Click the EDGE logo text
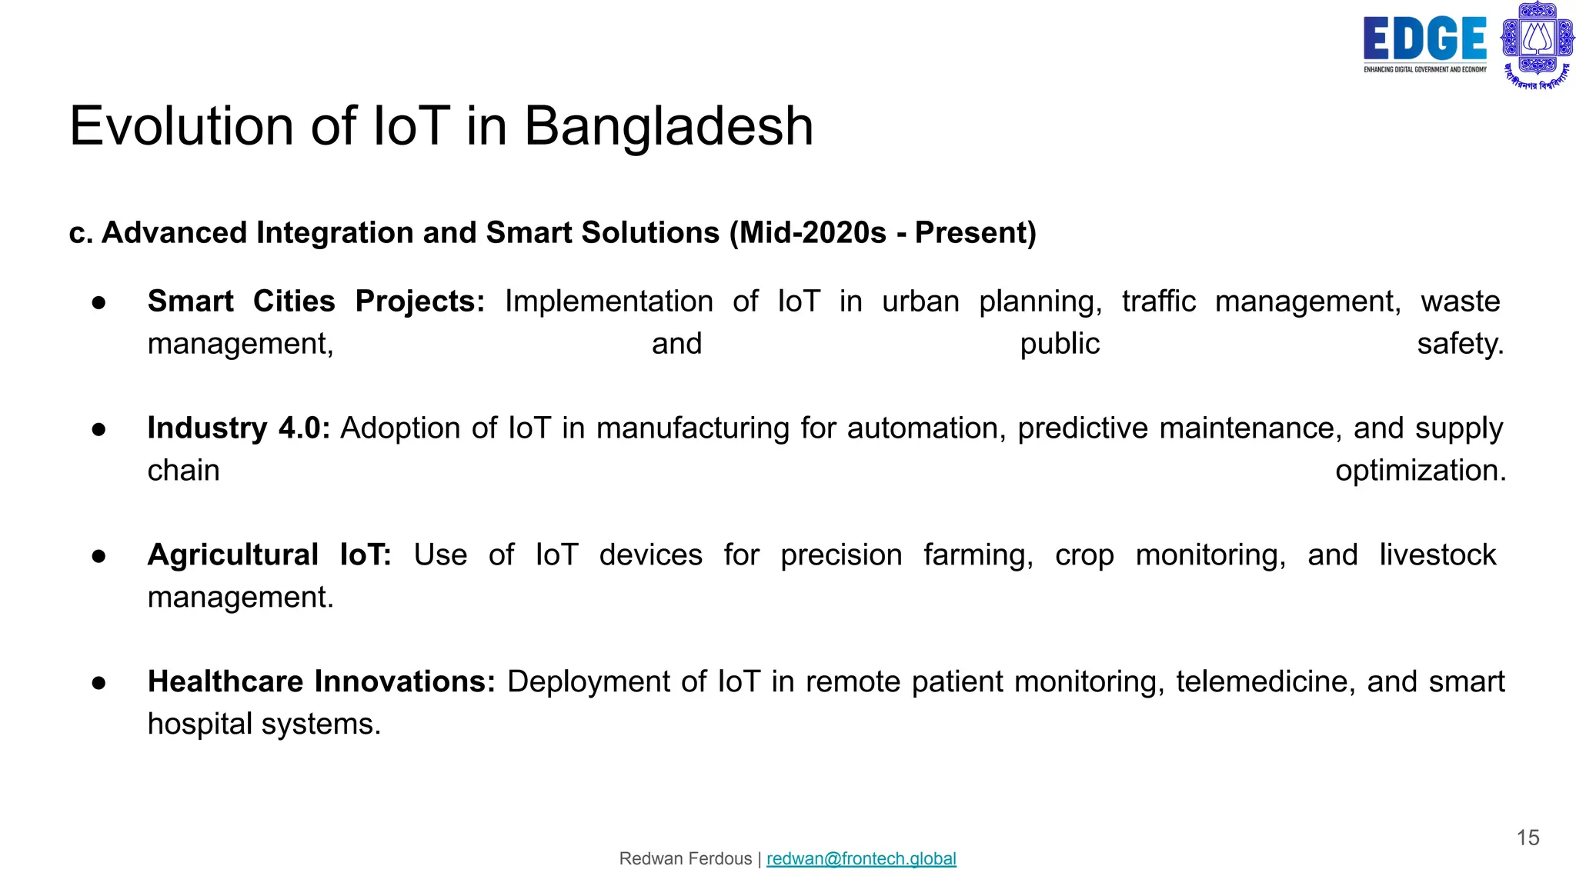[x=1424, y=38]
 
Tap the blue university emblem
[x=1537, y=43]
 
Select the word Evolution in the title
[x=182, y=126]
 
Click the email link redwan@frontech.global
[x=861, y=858]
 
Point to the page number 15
[x=1528, y=838]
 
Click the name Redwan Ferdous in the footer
[x=685, y=858]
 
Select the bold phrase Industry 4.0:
[x=239, y=428]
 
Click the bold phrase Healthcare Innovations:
[x=321, y=682]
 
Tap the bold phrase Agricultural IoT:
[x=269, y=555]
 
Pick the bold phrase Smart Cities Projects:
[x=316, y=301]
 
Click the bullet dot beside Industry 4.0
[x=98, y=429]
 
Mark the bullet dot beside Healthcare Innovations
[x=98, y=683]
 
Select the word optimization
[x=1420, y=471]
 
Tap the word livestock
[x=1437, y=555]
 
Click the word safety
[x=1460, y=344]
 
